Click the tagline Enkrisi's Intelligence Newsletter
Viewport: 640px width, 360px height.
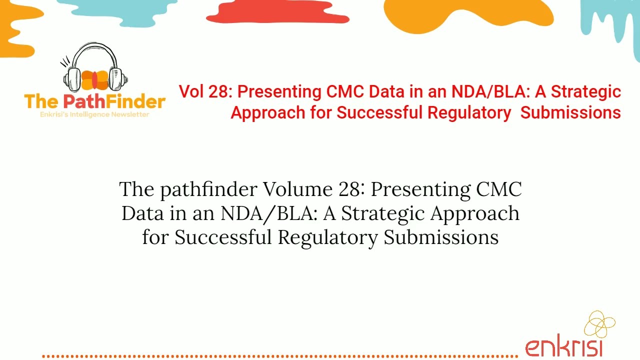94,114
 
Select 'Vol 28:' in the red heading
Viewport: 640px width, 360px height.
205,91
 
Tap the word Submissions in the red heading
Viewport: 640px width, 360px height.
570,112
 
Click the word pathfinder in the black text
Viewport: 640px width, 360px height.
209,189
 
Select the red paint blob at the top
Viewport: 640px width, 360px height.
277,12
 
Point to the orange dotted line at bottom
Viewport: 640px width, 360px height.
280,356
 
